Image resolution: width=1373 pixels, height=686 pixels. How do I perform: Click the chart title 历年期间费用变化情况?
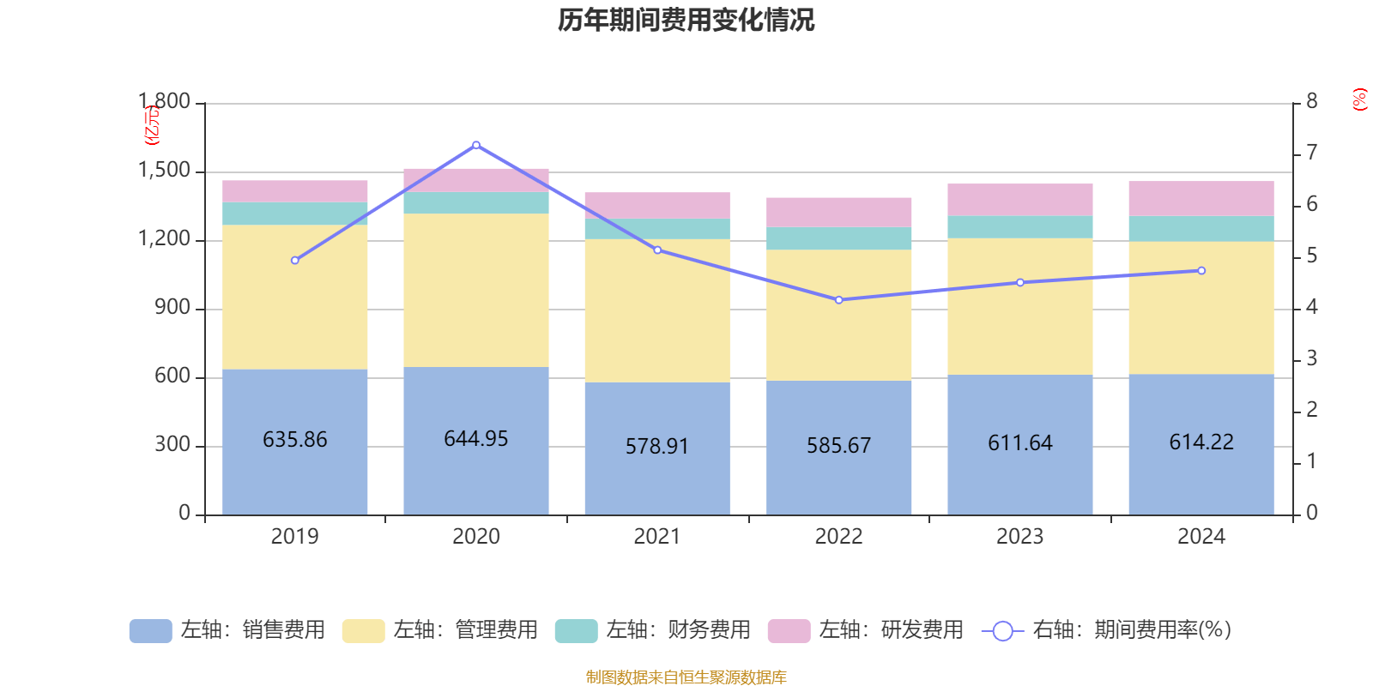[x=686, y=20]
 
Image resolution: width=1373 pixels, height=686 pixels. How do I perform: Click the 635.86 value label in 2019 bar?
[x=294, y=440]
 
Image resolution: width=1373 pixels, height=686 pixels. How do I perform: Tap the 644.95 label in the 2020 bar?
[x=475, y=439]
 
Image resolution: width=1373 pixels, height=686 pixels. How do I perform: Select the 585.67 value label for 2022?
[x=838, y=446]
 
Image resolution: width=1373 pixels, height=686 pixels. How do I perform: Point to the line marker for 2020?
[x=476, y=145]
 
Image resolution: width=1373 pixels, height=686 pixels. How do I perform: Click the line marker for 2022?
[x=838, y=300]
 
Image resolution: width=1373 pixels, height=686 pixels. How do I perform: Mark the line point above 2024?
[x=1201, y=271]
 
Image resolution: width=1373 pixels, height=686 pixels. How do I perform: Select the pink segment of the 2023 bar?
[x=1019, y=200]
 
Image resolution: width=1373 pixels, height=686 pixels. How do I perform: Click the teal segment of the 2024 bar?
[x=1201, y=229]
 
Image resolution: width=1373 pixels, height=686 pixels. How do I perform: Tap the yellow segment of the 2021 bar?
[x=657, y=310]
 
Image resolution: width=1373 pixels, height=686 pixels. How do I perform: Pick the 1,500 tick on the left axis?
[x=164, y=171]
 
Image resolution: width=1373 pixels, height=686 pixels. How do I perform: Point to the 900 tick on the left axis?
[x=172, y=308]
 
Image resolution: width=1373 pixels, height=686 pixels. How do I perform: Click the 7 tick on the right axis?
[x=1312, y=153]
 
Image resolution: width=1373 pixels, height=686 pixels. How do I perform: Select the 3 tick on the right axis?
[x=1312, y=358]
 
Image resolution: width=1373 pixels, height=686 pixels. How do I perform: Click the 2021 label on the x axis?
[x=657, y=537]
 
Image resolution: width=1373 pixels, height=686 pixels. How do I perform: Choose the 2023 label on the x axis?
[x=1019, y=537]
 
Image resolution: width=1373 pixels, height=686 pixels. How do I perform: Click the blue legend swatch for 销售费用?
[x=150, y=631]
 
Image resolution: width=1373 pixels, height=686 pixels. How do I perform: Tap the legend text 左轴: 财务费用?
[x=678, y=630]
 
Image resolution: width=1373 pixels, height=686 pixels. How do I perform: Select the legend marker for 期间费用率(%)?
[x=1002, y=631]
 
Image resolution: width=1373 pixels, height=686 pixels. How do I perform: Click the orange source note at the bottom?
[x=686, y=677]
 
